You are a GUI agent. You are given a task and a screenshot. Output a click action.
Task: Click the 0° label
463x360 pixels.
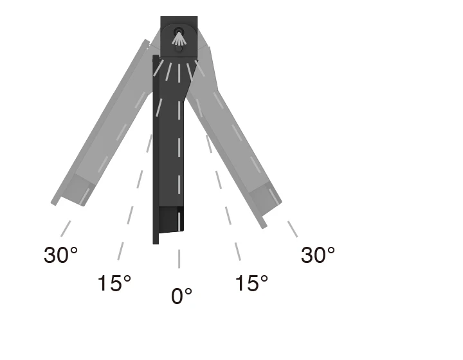pos(181,296)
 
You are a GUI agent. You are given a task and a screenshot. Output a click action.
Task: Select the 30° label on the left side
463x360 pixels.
pos(60,255)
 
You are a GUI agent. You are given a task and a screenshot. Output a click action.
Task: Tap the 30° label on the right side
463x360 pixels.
pos(318,255)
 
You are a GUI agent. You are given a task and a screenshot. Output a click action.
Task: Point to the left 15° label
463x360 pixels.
pos(114,283)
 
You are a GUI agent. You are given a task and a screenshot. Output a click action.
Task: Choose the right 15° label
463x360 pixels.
pos(251,283)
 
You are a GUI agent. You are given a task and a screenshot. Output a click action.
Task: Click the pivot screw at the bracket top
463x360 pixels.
pos(179,32)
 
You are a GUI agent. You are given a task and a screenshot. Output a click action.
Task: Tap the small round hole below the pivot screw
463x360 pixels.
pos(179,49)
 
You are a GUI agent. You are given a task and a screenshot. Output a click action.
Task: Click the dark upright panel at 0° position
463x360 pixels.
pos(168,148)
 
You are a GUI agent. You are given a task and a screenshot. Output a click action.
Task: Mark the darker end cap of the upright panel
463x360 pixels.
pos(171,219)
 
